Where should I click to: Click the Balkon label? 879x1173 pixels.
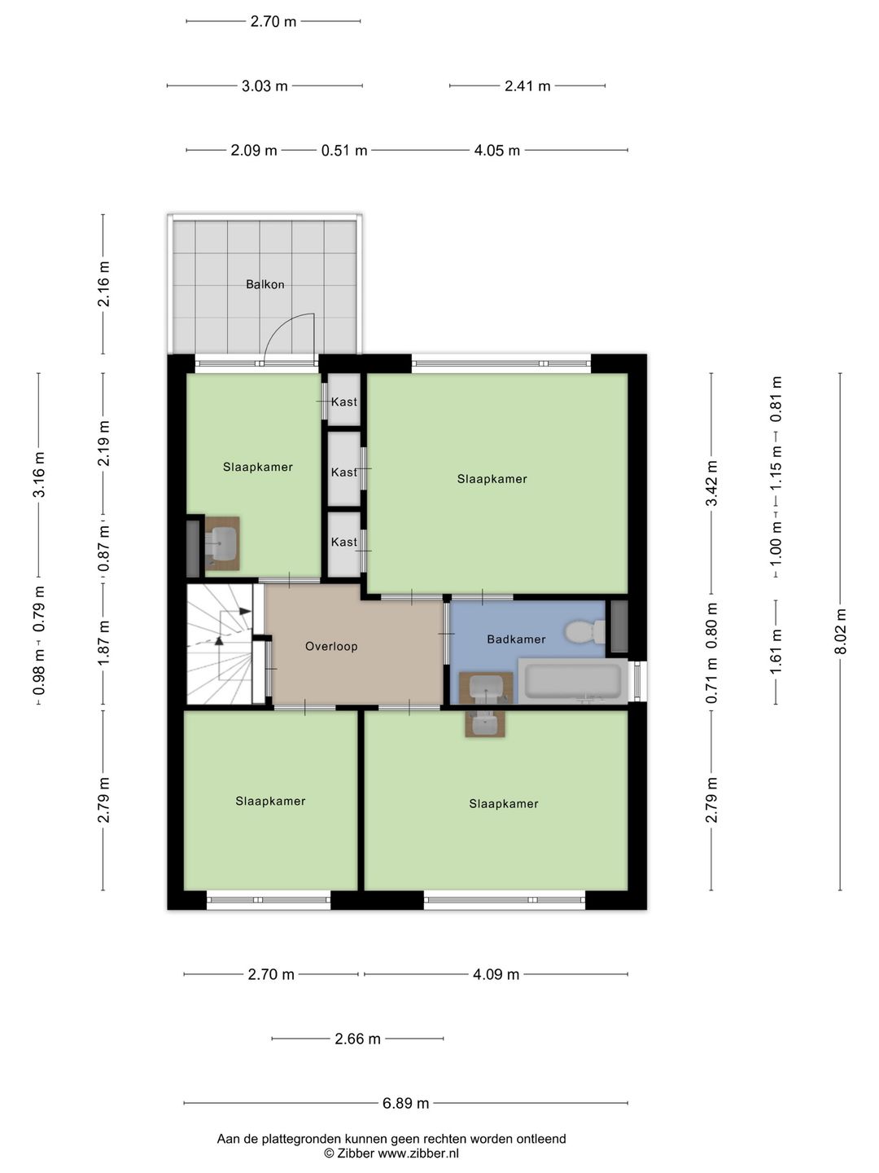point(265,284)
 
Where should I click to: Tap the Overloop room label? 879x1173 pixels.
point(331,646)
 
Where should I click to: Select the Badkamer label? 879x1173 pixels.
point(516,639)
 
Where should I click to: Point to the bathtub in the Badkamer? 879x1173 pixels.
point(573,681)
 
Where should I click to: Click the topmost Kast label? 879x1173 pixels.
point(343,402)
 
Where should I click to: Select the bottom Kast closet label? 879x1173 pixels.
point(343,542)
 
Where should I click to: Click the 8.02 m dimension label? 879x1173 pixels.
point(841,631)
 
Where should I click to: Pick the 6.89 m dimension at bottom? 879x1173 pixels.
point(405,1103)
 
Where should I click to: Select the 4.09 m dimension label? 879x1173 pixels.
point(496,974)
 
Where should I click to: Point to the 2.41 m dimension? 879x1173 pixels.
point(527,86)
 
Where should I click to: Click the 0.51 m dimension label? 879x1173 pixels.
point(343,151)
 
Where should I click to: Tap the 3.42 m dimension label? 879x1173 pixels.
point(712,483)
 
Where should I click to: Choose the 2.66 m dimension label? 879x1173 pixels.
point(357,1039)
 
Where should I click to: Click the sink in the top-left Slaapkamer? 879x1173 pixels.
point(222,542)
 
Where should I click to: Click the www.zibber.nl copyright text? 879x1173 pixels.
point(391,1153)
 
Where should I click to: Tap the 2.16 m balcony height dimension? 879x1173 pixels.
point(103,284)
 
